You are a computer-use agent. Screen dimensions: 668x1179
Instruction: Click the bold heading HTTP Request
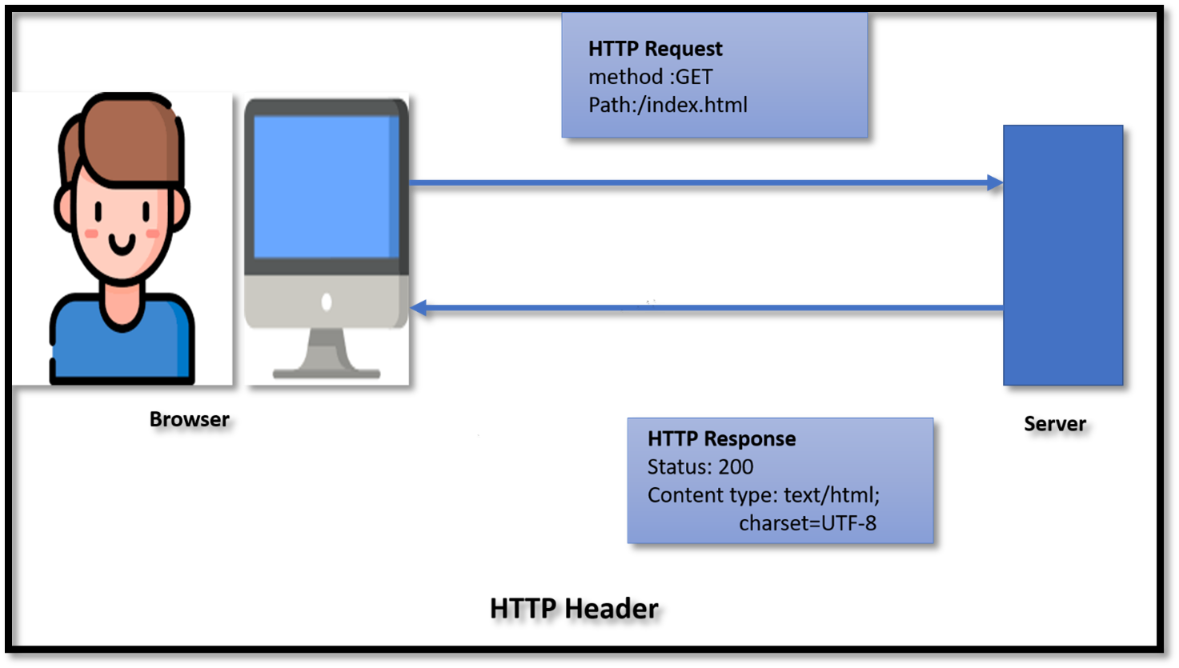pos(655,49)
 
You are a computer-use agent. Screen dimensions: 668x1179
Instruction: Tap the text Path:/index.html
pos(668,105)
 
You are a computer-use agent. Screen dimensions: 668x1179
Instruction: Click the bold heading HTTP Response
pos(721,438)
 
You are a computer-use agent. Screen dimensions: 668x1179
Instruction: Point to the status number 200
pos(736,467)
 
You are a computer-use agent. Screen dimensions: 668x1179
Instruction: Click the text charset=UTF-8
pos(807,523)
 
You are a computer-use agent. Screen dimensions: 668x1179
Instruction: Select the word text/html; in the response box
pos(832,495)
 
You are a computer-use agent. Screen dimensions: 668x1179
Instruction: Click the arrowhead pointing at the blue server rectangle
pos(995,182)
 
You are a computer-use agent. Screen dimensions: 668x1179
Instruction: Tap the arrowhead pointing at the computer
pos(418,307)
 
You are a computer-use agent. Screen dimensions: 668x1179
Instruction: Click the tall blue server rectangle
pos(1063,254)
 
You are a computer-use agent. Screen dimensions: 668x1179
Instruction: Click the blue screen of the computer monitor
pos(326,186)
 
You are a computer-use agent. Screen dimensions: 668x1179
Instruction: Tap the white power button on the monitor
pos(327,302)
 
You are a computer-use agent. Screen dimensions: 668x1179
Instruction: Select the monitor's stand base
pos(326,373)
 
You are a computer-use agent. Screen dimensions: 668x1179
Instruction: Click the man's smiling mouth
pos(122,243)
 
